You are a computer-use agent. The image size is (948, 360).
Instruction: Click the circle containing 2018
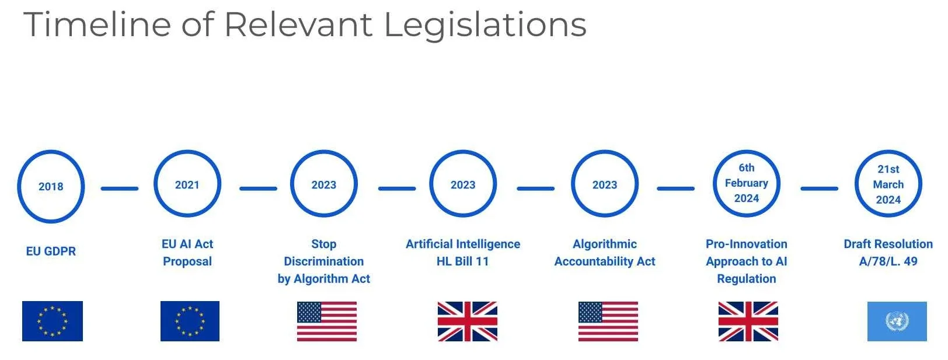[x=51, y=187]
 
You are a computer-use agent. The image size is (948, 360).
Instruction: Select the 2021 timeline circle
[x=187, y=184]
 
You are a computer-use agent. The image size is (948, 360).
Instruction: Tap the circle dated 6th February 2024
[x=747, y=183]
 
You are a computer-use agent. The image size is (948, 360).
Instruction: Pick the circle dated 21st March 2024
[x=888, y=184]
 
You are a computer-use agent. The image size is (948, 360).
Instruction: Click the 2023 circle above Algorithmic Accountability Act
[x=605, y=184]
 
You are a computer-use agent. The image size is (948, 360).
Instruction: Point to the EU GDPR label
[x=51, y=251]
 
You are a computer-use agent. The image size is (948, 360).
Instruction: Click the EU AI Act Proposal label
[x=187, y=253]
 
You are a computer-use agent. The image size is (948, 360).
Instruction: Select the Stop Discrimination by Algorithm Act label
[x=324, y=261]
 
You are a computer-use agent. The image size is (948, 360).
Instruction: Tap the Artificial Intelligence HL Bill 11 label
[x=463, y=253]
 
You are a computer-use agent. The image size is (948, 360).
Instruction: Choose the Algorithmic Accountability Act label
[x=605, y=253]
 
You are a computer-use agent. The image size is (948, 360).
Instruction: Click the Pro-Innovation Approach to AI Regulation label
[x=747, y=261]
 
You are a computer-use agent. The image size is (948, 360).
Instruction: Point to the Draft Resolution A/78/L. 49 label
[x=888, y=253]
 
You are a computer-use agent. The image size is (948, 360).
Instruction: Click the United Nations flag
[x=897, y=321]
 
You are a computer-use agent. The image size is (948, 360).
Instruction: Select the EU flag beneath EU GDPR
[x=53, y=321]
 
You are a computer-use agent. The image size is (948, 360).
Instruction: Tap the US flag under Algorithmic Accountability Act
[x=608, y=321]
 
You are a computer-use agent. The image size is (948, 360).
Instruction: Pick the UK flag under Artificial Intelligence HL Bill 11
[x=468, y=321]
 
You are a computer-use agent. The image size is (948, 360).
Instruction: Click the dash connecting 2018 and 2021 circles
[x=120, y=188]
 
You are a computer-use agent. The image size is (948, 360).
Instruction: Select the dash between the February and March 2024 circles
[x=819, y=188]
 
